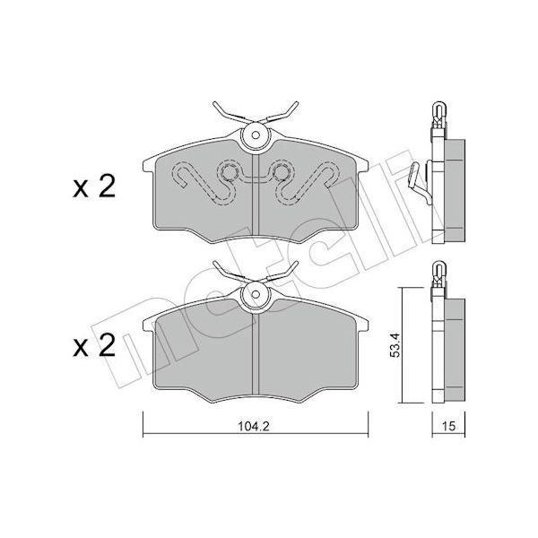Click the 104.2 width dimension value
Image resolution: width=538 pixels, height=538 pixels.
254,426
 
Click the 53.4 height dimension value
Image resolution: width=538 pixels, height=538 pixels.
395,345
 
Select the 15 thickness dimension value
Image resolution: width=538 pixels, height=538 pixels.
448,426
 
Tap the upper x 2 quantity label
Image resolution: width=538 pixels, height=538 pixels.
94,187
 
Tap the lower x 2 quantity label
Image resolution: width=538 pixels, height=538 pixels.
94,345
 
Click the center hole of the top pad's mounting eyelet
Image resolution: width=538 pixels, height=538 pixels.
256,135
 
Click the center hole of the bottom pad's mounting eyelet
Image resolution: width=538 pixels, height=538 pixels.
256,294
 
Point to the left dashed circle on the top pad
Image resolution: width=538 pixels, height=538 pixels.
228,172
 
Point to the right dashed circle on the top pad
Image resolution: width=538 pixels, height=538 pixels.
282,172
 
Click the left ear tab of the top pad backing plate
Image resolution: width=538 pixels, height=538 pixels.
149,165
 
